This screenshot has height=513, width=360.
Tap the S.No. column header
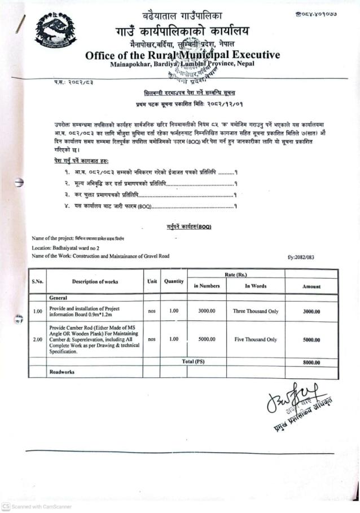[38, 281]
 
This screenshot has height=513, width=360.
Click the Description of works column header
[95, 281]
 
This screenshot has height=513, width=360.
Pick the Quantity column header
[174, 281]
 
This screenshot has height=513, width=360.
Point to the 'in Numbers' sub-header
[207, 286]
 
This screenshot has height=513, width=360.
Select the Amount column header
[311, 286]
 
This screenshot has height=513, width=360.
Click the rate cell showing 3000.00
[207, 311]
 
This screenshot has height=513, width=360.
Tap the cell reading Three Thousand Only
[255, 311]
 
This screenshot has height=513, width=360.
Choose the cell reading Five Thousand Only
[255, 339]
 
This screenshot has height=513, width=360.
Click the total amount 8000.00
[311, 362]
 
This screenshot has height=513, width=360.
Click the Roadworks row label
[62, 372]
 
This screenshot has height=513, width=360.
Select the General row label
[58, 297]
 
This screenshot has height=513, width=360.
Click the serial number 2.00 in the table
[38, 339]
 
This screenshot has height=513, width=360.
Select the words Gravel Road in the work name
[155, 256]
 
